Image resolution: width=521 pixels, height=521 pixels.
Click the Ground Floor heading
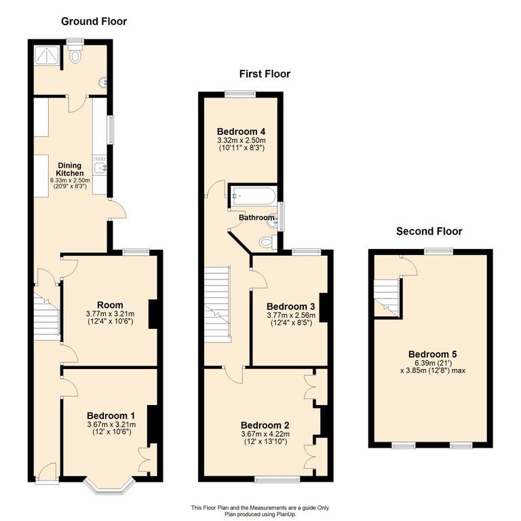coord(94,21)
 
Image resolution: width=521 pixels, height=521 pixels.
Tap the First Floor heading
coord(264,74)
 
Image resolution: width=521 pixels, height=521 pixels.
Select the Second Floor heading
coord(429,231)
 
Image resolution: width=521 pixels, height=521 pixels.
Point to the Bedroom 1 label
coord(111,415)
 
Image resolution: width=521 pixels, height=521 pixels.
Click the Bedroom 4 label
coord(240,131)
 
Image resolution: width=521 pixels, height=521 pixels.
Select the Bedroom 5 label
coord(432,354)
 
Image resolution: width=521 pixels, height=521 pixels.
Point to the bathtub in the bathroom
coord(253,197)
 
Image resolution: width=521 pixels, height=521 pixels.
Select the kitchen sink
coord(100,168)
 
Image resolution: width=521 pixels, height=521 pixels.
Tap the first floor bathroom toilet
coord(265,242)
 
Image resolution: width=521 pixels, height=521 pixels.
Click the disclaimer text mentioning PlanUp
coord(260,509)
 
